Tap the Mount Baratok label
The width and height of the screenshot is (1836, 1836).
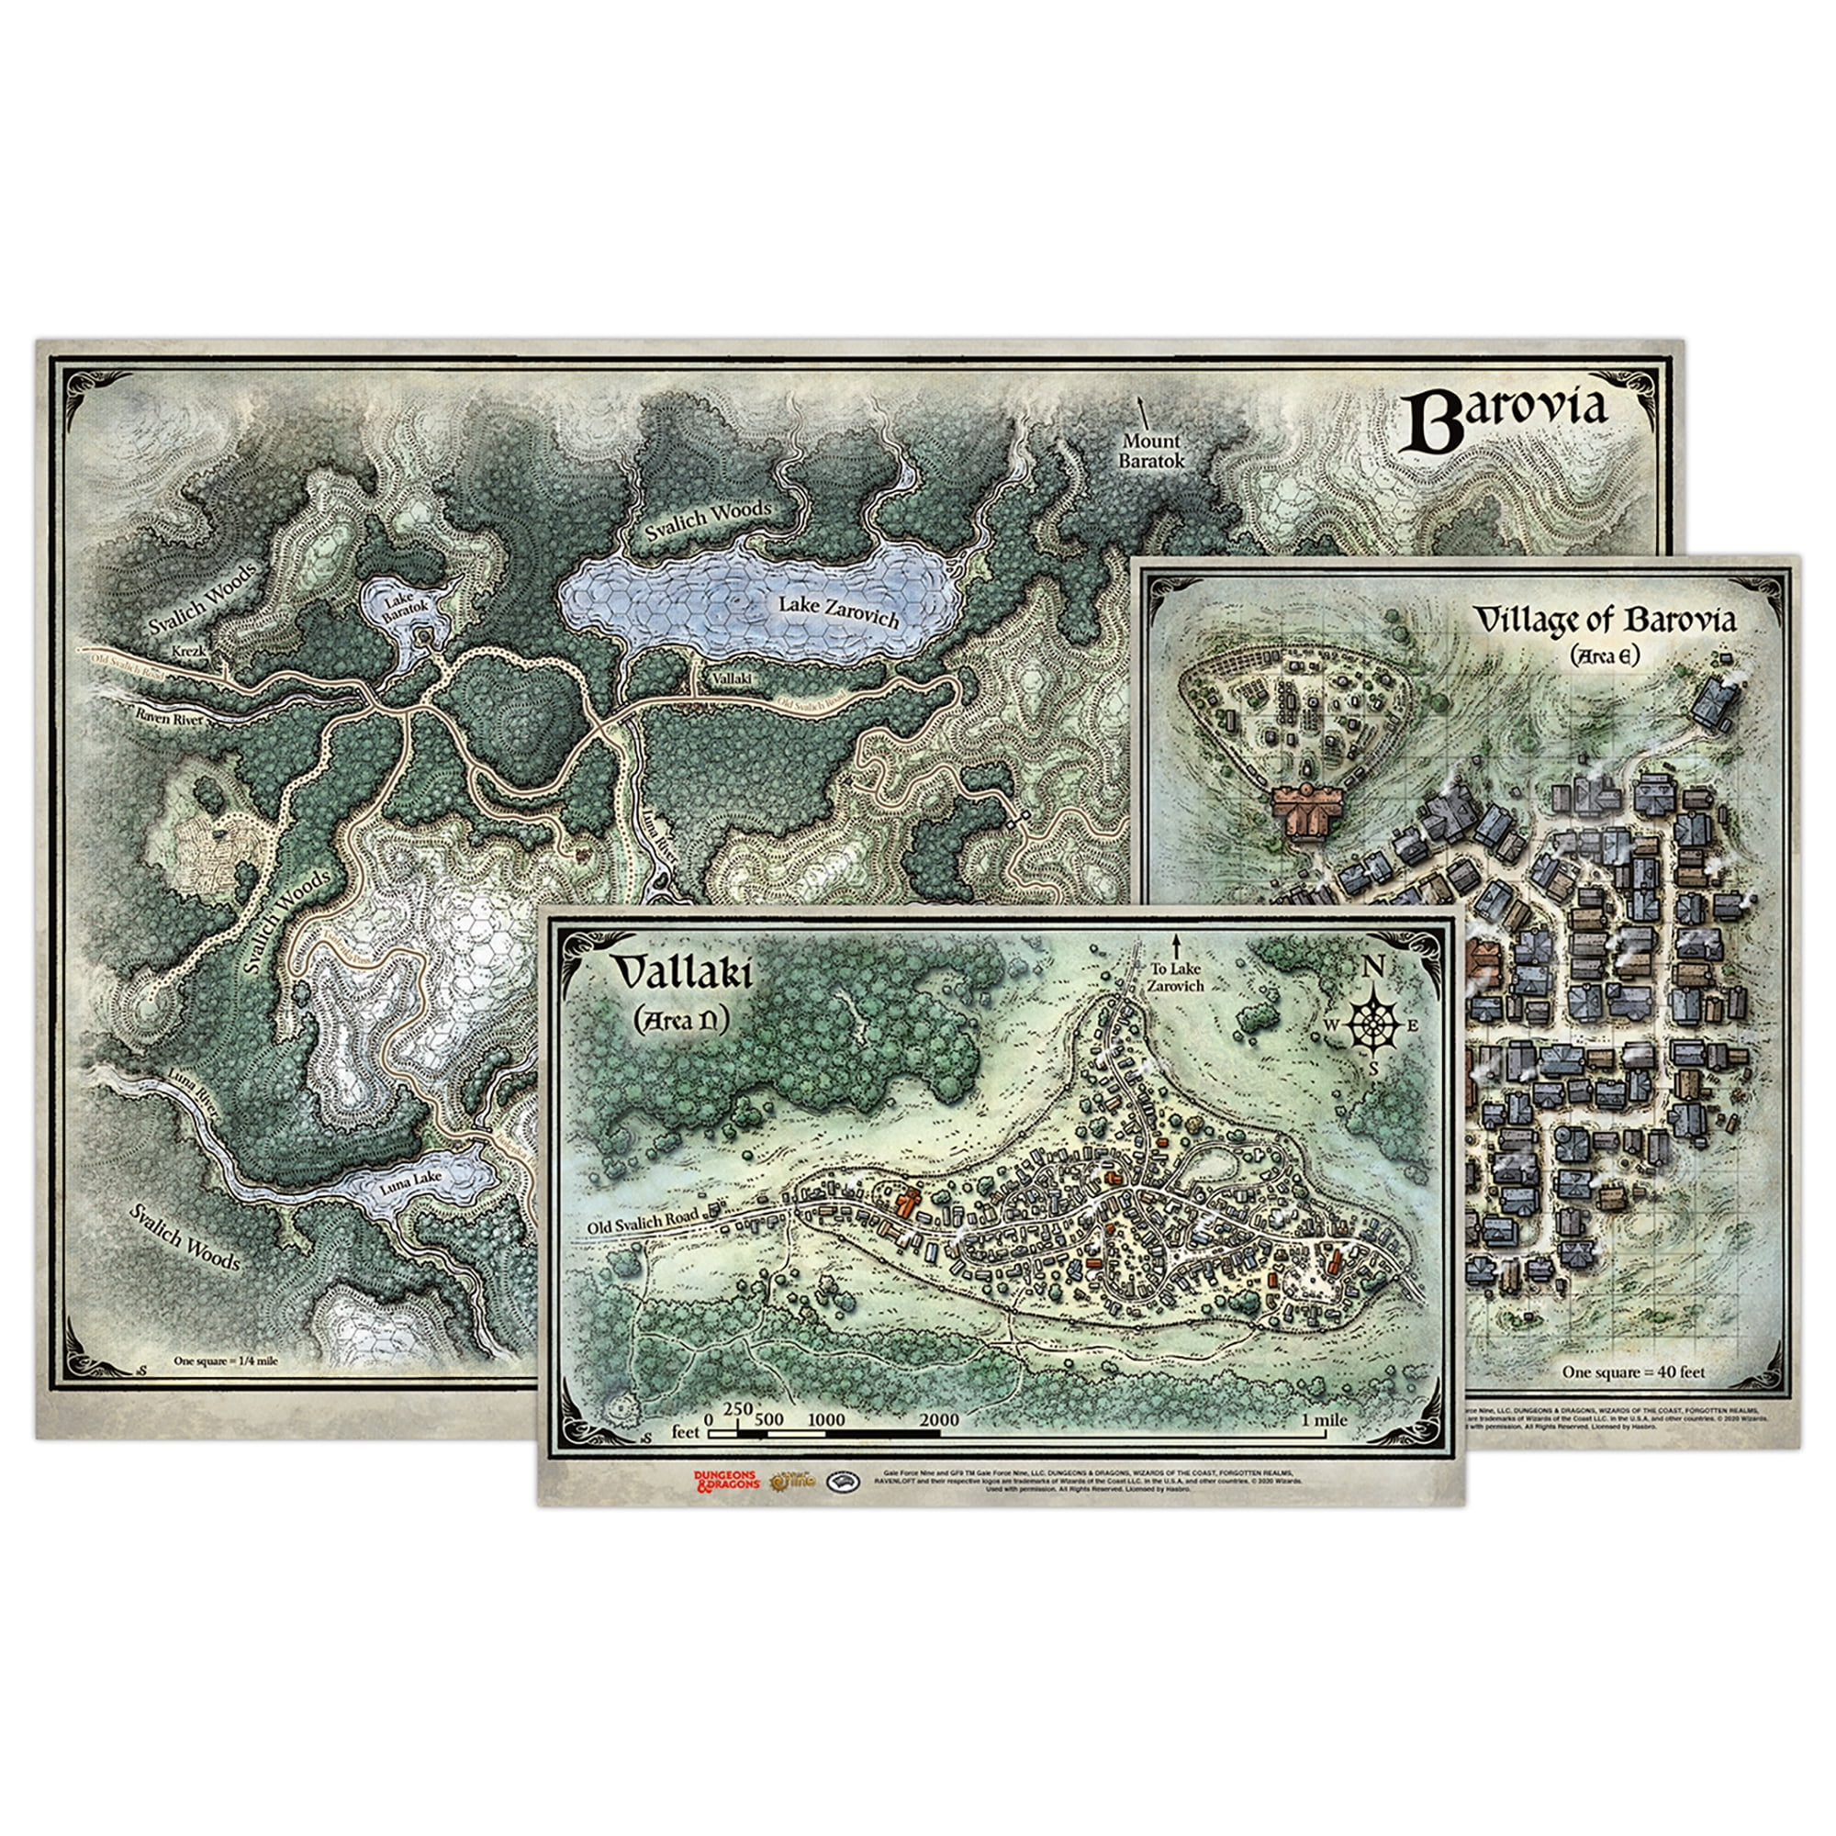(x=1151, y=451)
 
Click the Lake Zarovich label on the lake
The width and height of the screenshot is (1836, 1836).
(x=838, y=610)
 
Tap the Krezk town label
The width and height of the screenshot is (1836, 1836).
(x=188, y=652)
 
